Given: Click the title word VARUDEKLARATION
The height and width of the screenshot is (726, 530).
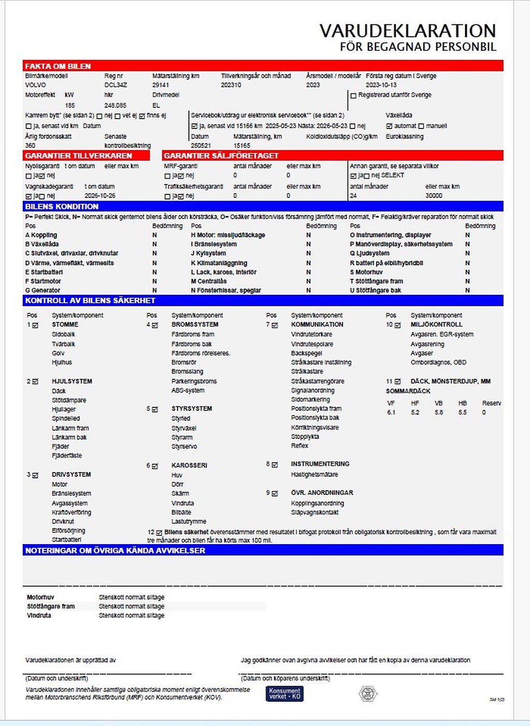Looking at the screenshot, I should pyautogui.click(x=407, y=31).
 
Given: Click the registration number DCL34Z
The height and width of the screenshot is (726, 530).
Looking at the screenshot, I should pyautogui.click(x=115, y=85).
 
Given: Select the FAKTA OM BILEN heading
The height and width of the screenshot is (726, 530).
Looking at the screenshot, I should pyautogui.click(x=58, y=66).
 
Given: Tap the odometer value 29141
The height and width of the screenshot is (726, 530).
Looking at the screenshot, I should pyautogui.click(x=160, y=85).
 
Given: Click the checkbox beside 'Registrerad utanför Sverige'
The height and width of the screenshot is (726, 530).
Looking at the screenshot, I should pyautogui.click(x=354, y=95).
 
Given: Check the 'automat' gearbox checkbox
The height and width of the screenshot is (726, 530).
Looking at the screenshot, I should pyautogui.click(x=389, y=126).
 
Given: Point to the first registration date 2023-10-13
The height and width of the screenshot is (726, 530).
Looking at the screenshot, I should pyautogui.click(x=381, y=85).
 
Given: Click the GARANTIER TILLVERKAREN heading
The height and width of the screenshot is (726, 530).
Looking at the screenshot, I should pyautogui.click(x=79, y=155).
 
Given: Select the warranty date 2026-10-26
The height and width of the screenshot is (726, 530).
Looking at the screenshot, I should pyautogui.click(x=100, y=196).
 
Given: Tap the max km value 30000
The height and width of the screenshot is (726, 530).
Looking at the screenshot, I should pyautogui.click(x=434, y=196).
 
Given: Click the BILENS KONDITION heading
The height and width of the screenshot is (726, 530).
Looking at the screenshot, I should pyautogui.click(x=62, y=206).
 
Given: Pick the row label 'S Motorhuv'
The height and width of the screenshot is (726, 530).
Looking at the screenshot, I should pyautogui.click(x=366, y=272).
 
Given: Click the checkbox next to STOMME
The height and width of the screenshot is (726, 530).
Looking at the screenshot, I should pyautogui.click(x=35, y=325).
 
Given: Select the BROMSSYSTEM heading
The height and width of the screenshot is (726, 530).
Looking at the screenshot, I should pyautogui.click(x=195, y=324).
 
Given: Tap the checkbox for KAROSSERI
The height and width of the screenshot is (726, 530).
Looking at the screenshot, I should pyautogui.click(x=154, y=466).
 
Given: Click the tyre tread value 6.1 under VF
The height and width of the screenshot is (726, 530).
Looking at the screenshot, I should pyautogui.click(x=391, y=412).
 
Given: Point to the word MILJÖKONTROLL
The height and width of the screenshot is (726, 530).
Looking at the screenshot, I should pyautogui.click(x=436, y=324).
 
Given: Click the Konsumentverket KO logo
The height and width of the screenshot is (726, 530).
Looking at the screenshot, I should pyautogui.click(x=284, y=693).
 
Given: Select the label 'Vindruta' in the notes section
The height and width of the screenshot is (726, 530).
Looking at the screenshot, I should pyautogui.click(x=39, y=616).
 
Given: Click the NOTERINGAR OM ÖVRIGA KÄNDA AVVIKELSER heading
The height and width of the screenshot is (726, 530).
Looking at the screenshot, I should pyautogui.click(x=115, y=550).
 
